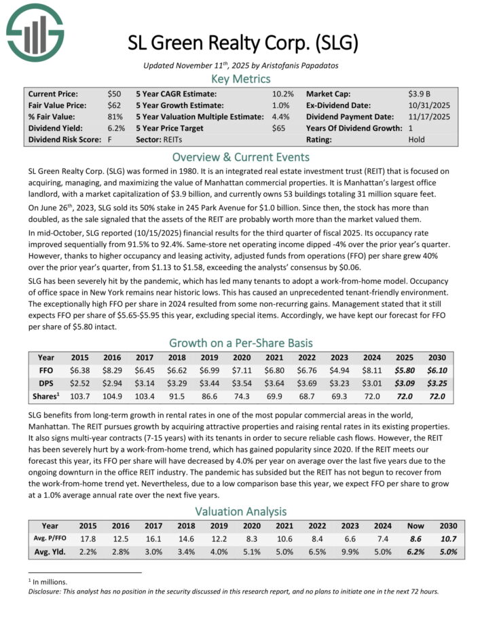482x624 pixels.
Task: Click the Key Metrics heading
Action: (241, 79)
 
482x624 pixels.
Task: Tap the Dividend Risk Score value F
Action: (110, 140)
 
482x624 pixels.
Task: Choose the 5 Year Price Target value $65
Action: (279, 128)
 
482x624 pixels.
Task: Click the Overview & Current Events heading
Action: (241, 155)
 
